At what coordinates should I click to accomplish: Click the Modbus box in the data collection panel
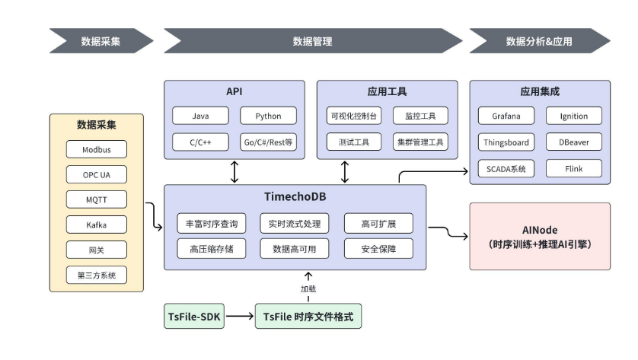point(97,150)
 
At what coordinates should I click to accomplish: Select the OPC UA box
point(97,175)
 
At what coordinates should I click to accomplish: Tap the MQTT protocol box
point(97,200)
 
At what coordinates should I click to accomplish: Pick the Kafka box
point(97,225)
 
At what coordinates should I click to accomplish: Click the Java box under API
point(200,116)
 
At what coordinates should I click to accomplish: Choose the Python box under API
point(268,116)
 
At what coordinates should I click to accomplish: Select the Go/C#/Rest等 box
point(268,142)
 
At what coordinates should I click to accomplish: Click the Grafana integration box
point(506,116)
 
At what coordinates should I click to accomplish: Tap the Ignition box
point(573,116)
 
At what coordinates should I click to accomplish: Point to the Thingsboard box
point(506,142)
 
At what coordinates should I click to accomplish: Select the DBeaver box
point(573,142)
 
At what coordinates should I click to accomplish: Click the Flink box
point(573,168)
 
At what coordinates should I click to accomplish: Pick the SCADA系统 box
point(506,168)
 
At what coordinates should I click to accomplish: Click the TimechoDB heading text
point(295,197)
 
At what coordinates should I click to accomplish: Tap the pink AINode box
point(540,236)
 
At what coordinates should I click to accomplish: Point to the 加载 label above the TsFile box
point(308,289)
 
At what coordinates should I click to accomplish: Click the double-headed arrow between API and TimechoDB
point(234,171)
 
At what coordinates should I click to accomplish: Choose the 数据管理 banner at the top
point(312,41)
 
